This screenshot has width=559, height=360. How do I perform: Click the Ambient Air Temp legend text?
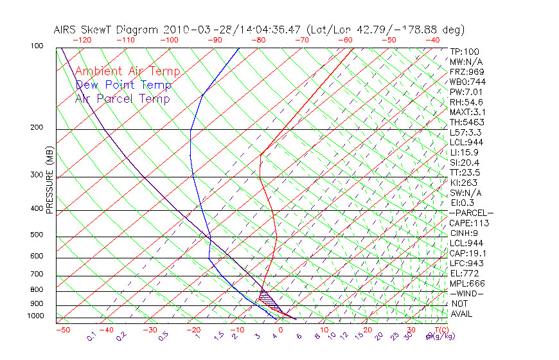pos(127,71)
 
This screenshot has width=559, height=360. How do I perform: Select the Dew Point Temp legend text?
pos(123,85)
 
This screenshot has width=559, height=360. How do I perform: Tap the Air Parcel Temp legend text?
pos(123,98)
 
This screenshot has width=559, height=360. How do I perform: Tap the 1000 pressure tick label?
pos(36,316)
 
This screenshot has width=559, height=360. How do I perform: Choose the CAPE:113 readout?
pos(469,223)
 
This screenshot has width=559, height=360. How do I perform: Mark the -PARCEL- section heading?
pos(471,213)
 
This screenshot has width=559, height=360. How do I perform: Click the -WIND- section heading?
pos(466,293)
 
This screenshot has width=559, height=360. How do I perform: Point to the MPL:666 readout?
pos(467,283)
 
